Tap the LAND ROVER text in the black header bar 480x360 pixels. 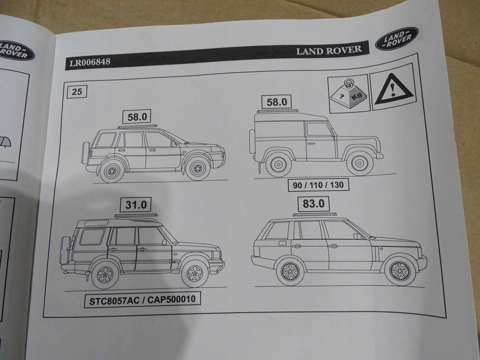click(x=329, y=50)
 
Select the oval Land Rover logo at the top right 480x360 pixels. click(x=397, y=39)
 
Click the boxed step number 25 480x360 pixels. click(x=77, y=91)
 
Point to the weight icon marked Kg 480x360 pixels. click(x=348, y=94)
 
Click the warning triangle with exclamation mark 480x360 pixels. click(x=392, y=89)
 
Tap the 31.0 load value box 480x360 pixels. click(x=136, y=205)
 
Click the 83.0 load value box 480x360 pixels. click(x=313, y=204)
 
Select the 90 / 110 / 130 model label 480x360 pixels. click(x=318, y=185)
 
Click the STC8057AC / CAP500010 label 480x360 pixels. click(x=142, y=300)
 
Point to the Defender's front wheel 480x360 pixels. click(x=360, y=163)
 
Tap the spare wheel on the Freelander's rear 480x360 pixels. click(x=86, y=152)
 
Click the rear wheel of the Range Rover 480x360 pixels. click(x=290, y=272)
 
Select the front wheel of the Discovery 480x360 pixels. click(x=195, y=273)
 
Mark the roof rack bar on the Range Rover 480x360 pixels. click(x=315, y=215)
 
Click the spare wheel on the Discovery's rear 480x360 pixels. click(x=66, y=250)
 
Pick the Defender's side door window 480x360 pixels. click(x=318, y=129)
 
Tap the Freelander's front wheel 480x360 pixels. click(x=198, y=168)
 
